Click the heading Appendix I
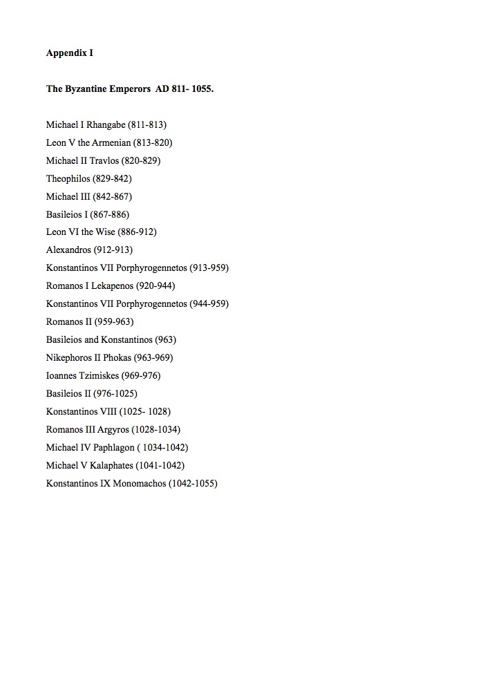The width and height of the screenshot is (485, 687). coord(69,53)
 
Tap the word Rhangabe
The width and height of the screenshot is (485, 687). coord(106,125)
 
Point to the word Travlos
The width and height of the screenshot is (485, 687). coord(104,160)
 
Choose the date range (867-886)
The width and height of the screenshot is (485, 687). coord(109,214)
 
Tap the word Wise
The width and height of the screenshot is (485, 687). coord(106,232)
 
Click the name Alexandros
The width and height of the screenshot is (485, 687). coord(68,250)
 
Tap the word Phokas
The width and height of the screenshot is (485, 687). coord(117,358)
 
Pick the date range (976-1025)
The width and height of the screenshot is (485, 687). coord(115,394)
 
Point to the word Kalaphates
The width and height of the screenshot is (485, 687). coord(111,465)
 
